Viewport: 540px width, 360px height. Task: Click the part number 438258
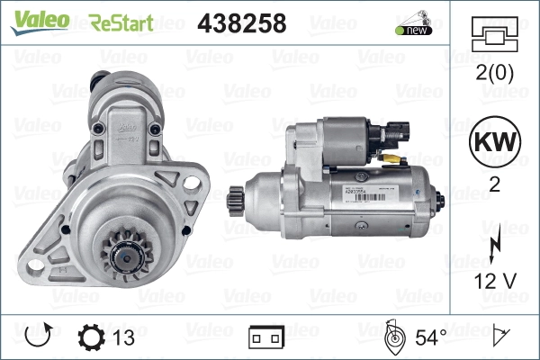pos(241,22)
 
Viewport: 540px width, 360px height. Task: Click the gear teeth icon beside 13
pos(92,337)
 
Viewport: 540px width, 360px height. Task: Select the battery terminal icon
pos(266,337)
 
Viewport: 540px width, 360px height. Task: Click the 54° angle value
pos(429,337)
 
